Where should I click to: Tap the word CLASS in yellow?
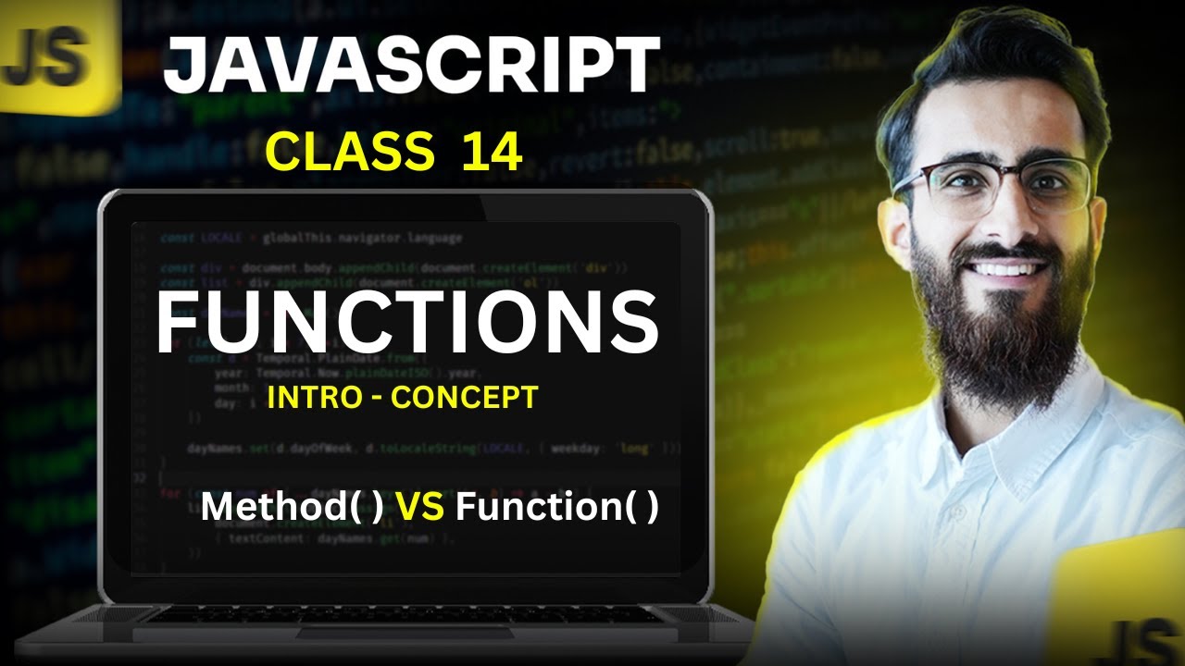coord(350,152)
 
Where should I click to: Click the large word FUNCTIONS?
coord(406,322)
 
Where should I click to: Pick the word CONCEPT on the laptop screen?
coord(464,398)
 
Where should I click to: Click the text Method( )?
coord(292,507)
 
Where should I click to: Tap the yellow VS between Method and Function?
coord(418,507)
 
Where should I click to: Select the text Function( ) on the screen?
coord(557,507)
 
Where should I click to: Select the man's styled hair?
coord(991,74)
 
